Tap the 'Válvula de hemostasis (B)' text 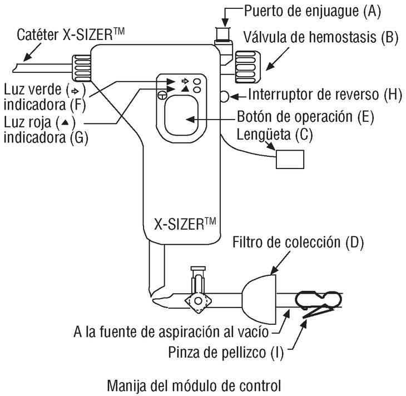[x=320, y=38]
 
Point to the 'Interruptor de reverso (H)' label [x=324, y=94]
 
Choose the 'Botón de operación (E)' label [x=305, y=118]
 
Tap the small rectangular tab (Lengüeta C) [x=291, y=159]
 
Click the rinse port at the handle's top [x=223, y=32]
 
